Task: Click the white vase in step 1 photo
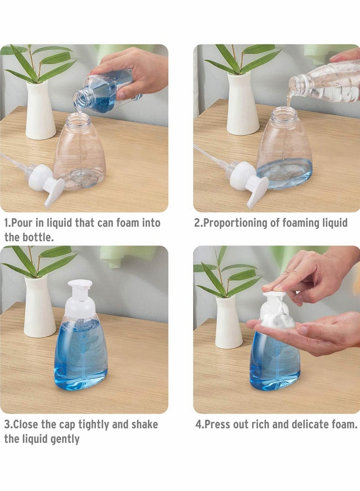pos(40,110)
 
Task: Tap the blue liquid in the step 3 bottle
pos(81,356)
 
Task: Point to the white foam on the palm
pos(275,315)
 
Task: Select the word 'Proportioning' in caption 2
pos(241,223)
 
